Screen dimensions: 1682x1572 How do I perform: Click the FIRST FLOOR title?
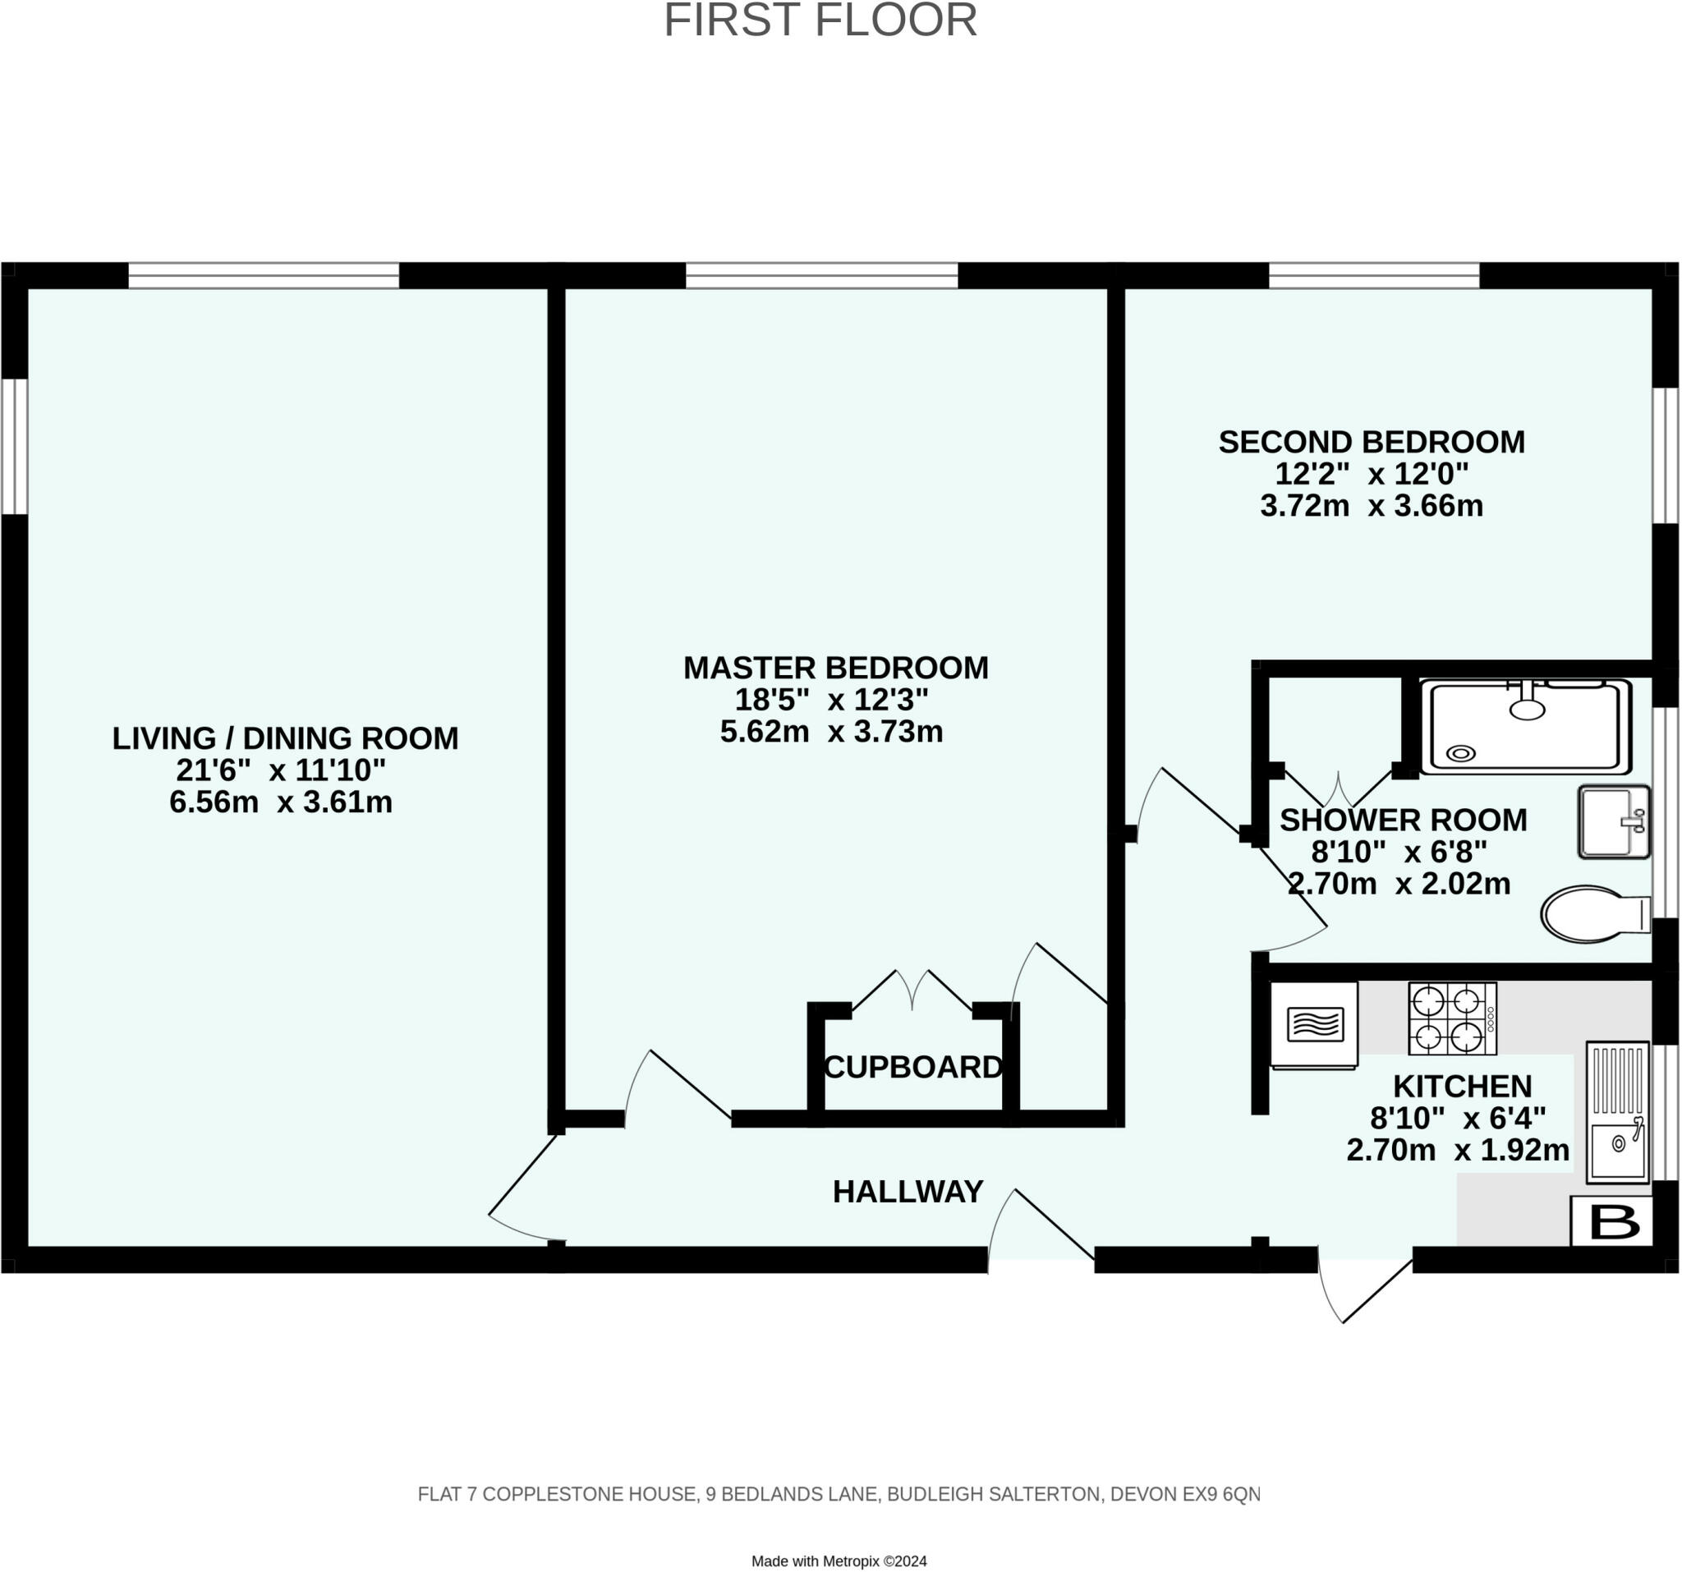[x=820, y=21]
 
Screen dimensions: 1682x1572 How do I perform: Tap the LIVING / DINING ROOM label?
[x=285, y=738]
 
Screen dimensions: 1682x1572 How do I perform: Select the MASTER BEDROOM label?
[x=836, y=669]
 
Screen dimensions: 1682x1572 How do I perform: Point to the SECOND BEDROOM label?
[x=1372, y=442]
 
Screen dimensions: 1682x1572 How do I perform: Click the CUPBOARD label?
[x=913, y=1068]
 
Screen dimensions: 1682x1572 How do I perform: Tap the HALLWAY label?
[x=908, y=1192]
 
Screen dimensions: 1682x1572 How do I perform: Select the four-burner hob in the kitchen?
[x=1453, y=1018]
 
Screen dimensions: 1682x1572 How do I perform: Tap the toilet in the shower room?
[x=1596, y=914]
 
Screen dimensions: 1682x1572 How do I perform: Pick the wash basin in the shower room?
[x=1615, y=821]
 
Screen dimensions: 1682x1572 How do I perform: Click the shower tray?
[x=1526, y=726]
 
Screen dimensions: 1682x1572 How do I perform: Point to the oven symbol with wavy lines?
[x=1314, y=1024]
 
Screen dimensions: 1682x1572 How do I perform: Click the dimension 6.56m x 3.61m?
[x=281, y=802]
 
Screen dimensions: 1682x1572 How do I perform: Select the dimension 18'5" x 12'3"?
[x=832, y=700]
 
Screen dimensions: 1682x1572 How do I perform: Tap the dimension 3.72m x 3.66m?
[x=1372, y=506]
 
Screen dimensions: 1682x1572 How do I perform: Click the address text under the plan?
[x=839, y=1495]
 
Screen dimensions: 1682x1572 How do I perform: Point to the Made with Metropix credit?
[x=839, y=1562]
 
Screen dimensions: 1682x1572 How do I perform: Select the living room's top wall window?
[x=263, y=276]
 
